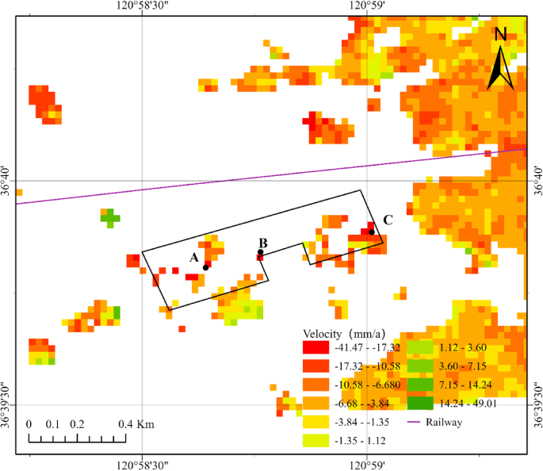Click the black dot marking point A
coord(205,267)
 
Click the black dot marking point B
coord(260,253)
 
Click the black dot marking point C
coord(371,232)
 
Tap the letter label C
coord(388,220)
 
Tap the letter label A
coord(193,258)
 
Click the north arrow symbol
coord(500,59)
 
